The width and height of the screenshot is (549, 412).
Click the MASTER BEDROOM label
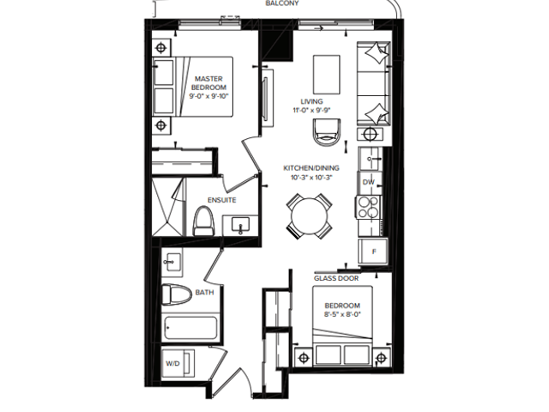coord(208,83)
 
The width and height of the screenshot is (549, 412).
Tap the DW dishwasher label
coord(368,182)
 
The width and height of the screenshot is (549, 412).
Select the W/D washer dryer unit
coord(178,363)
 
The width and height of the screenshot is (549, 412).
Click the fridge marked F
coord(373,251)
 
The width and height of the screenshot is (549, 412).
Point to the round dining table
coord(310,216)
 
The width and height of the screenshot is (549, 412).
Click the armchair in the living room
coord(327,131)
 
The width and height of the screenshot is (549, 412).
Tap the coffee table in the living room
coord(326,75)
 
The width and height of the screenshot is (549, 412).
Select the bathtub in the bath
coord(190,328)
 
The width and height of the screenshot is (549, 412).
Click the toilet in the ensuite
coord(203,221)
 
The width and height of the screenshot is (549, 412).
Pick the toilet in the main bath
coord(177,294)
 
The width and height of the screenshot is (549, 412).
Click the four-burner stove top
coord(368,207)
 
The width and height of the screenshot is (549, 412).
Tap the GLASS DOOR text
coord(336,278)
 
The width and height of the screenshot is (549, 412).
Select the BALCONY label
coord(282,3)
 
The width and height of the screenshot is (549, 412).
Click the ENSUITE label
coord(222,200)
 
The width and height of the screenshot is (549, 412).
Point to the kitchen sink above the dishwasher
coord(371,159)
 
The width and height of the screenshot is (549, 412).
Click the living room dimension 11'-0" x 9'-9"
coord(311,110)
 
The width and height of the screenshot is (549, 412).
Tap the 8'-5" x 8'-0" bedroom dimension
coord(342,314)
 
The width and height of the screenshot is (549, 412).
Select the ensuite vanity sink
coord(240,225)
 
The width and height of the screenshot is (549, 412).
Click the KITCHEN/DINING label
coord(311,168)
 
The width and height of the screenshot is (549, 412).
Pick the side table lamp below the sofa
coord(370,134)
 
